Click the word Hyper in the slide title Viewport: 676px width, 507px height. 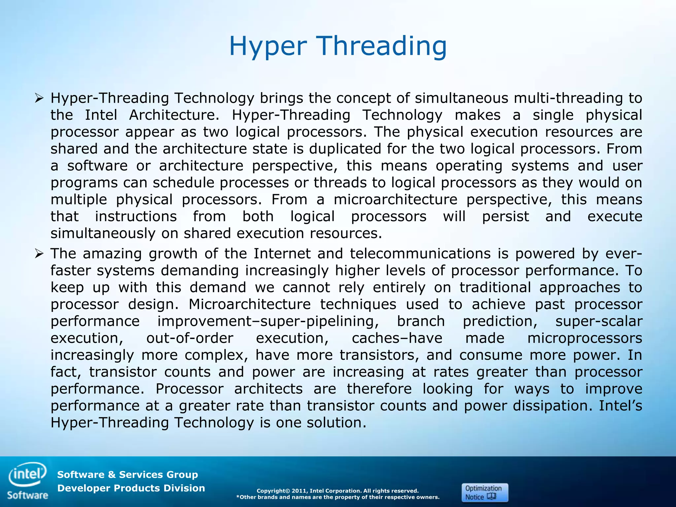[x=268, y=46]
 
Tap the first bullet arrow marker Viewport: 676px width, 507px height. [x=39, y=98]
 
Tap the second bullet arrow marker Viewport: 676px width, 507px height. [x=39, y=253]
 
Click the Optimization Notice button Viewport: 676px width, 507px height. [x=485, y=492]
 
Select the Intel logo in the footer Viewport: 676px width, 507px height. [x=28, y=474]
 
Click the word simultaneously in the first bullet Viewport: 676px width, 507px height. [x=103, y=234]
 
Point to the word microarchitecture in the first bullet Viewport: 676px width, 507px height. [x=395, y=200]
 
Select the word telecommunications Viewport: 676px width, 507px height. [x=420, y=254]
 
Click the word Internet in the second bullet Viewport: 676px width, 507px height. [x=282, y=254]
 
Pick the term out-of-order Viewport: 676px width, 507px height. [x=190, y=338]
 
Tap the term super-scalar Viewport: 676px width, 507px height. [x=599, y=321]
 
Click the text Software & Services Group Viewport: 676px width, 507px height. [x=127, y=475]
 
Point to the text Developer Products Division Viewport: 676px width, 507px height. [x=131, y=488]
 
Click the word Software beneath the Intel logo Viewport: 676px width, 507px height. [x=28, y=495]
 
